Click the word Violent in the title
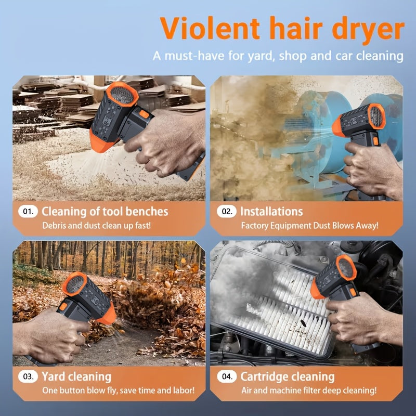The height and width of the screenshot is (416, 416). (x=210, y=28)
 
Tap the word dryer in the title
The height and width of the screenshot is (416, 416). (x=368, y=30)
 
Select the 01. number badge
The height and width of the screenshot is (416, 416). (x=28, y=212)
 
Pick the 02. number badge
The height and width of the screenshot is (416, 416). (x=227, y=212)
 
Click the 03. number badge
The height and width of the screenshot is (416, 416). (x=28, y=376)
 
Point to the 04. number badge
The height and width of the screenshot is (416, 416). (x=227, y=376)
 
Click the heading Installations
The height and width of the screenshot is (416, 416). (x=271, y=212)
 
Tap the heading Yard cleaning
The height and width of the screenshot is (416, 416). (x=76, y=377)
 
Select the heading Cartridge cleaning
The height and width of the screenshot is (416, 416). (x=288, y=377)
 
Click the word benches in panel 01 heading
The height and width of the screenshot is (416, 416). (x=147, y=212)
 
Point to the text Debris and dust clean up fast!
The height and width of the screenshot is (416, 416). (x=97, y=226)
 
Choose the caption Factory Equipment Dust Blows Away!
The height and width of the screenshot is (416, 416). (x=309, y=226)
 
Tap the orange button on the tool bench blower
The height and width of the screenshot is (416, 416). (x=144, y=114)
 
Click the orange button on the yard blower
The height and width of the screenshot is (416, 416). (x=63, y=306)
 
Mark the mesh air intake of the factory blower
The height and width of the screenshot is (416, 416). (x=376, y=116)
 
